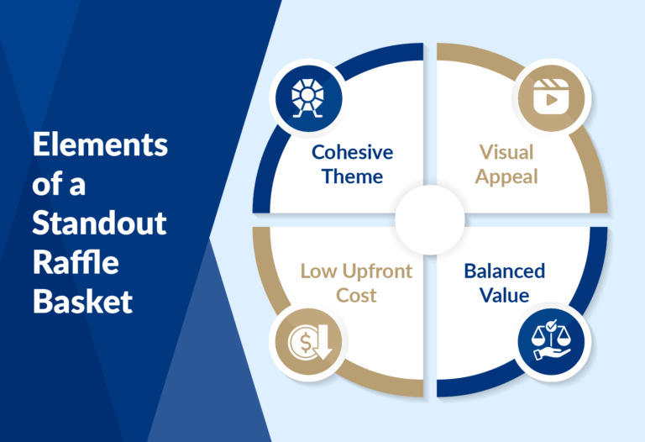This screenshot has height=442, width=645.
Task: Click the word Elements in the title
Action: point(100,145)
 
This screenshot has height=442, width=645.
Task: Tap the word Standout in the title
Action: point(100,224)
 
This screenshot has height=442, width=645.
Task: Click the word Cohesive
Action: point(352,153)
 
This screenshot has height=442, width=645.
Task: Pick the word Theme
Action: point(352,176)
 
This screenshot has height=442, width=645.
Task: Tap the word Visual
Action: point(507,153)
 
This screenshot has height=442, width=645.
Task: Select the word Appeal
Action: point(507,177)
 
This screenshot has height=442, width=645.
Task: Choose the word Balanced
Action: point(504,271)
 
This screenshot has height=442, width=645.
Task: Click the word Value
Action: point(504,295)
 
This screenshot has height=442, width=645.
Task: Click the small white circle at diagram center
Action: point(429,221)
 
